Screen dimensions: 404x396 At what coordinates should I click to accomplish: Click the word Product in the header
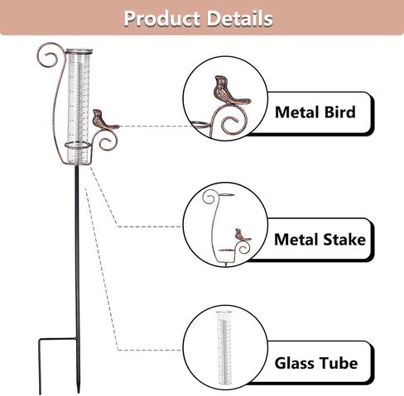click(x=161, y=19)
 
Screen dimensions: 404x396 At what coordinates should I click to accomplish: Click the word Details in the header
click(x=239, y=19)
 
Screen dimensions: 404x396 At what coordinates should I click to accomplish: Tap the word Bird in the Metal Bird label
click(x=339, y=112)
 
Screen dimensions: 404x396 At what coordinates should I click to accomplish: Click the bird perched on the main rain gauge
click(x=104, y=120)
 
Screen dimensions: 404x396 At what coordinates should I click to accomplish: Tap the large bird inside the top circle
click(x=230, y=90)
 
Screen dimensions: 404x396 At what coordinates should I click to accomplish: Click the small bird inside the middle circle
click(x=242, y=235)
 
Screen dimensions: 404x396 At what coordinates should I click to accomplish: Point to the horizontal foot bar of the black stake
click(x=57, y=339)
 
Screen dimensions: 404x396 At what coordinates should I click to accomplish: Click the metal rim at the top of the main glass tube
click(x=79, y=50)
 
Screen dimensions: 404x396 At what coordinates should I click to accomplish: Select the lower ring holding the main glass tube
click(x=77, y=146)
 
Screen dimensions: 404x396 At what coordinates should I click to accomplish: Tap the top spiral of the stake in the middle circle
click(x=209, y=197)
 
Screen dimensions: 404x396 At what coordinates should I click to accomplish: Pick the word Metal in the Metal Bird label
click(x=297, y=112)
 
